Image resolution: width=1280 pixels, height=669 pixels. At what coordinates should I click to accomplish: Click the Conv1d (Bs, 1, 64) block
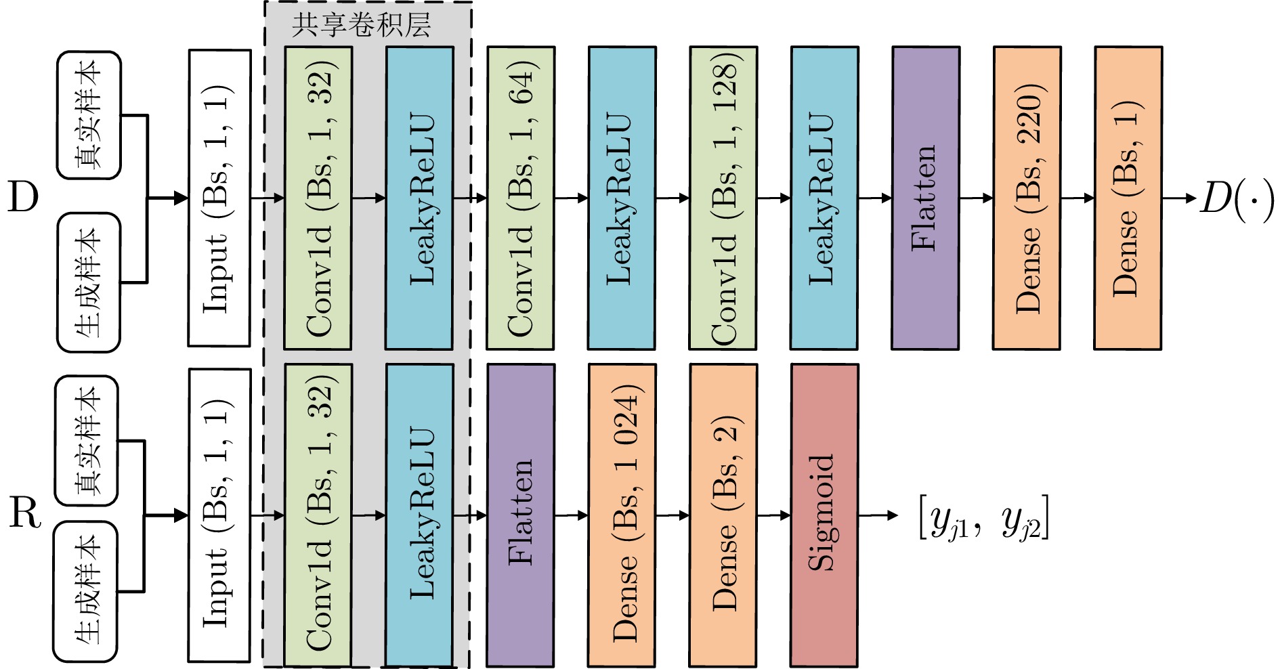[x=520, y=198]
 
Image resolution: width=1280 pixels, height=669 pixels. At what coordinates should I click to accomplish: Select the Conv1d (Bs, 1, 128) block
[x=723, y=198]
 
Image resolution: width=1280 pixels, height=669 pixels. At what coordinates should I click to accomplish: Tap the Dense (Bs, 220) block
[x=1027, y=198]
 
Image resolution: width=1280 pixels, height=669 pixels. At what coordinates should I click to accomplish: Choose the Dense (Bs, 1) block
[x=1128, y=198]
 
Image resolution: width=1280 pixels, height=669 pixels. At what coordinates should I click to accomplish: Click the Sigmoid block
[x=824, y=515]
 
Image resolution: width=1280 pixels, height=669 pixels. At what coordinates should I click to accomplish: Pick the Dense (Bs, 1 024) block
[x=622, y=515]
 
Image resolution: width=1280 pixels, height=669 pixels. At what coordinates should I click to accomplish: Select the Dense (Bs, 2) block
[x=723, y=515]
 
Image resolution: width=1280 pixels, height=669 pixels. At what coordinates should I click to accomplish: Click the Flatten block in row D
[x=925, y=198]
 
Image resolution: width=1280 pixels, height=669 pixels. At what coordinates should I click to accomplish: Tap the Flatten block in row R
[x=520, y=515]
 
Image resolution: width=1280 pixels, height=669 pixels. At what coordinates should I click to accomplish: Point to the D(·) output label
[x=1237, y=199]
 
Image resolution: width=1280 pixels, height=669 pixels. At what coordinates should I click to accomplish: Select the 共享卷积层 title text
[x=361, y=25]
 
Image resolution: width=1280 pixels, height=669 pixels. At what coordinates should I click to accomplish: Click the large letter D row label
[x=23, y=198]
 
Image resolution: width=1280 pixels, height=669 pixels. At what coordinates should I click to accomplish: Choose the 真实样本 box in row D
[x=89, y=115]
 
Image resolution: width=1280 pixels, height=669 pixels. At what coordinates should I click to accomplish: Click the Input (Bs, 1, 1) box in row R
[x=219, y=515]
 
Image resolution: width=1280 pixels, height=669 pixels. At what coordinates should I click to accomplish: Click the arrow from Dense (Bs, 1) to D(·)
[x=1179, y=198]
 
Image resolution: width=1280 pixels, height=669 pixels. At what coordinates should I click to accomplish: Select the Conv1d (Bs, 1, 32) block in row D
[x=318, y=198]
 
